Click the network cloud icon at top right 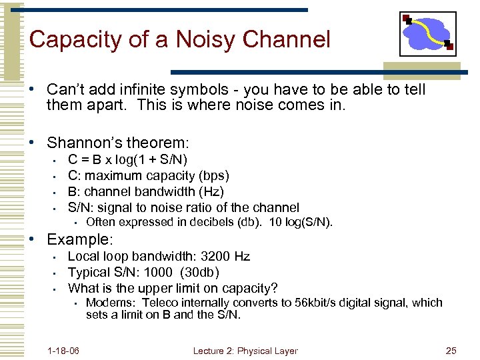coord(427,33)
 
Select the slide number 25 coord(451,351)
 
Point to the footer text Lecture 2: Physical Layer coord(245,351)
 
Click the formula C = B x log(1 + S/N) coord(127,159)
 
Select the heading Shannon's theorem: coord(118,143)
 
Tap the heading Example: coord(80,239)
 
